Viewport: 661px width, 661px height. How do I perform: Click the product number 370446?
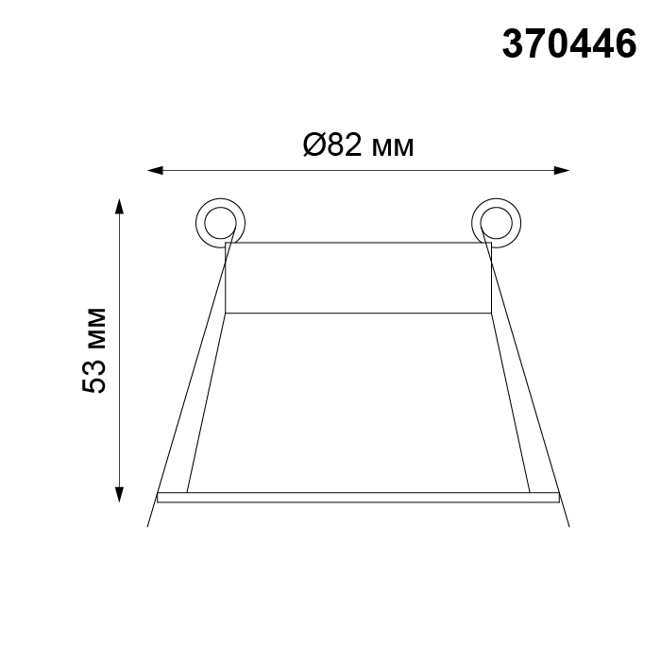coord(569,44)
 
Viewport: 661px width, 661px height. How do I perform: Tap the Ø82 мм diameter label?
coord(358,145)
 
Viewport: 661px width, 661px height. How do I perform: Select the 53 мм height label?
coord(94,350)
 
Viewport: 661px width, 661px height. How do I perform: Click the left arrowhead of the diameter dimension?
coord(155,170)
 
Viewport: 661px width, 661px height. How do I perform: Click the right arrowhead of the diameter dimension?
coord(562,170)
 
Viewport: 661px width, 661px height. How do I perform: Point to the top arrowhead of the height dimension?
coord(120,207)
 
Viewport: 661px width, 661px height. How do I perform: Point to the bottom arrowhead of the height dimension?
coord(120,495)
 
